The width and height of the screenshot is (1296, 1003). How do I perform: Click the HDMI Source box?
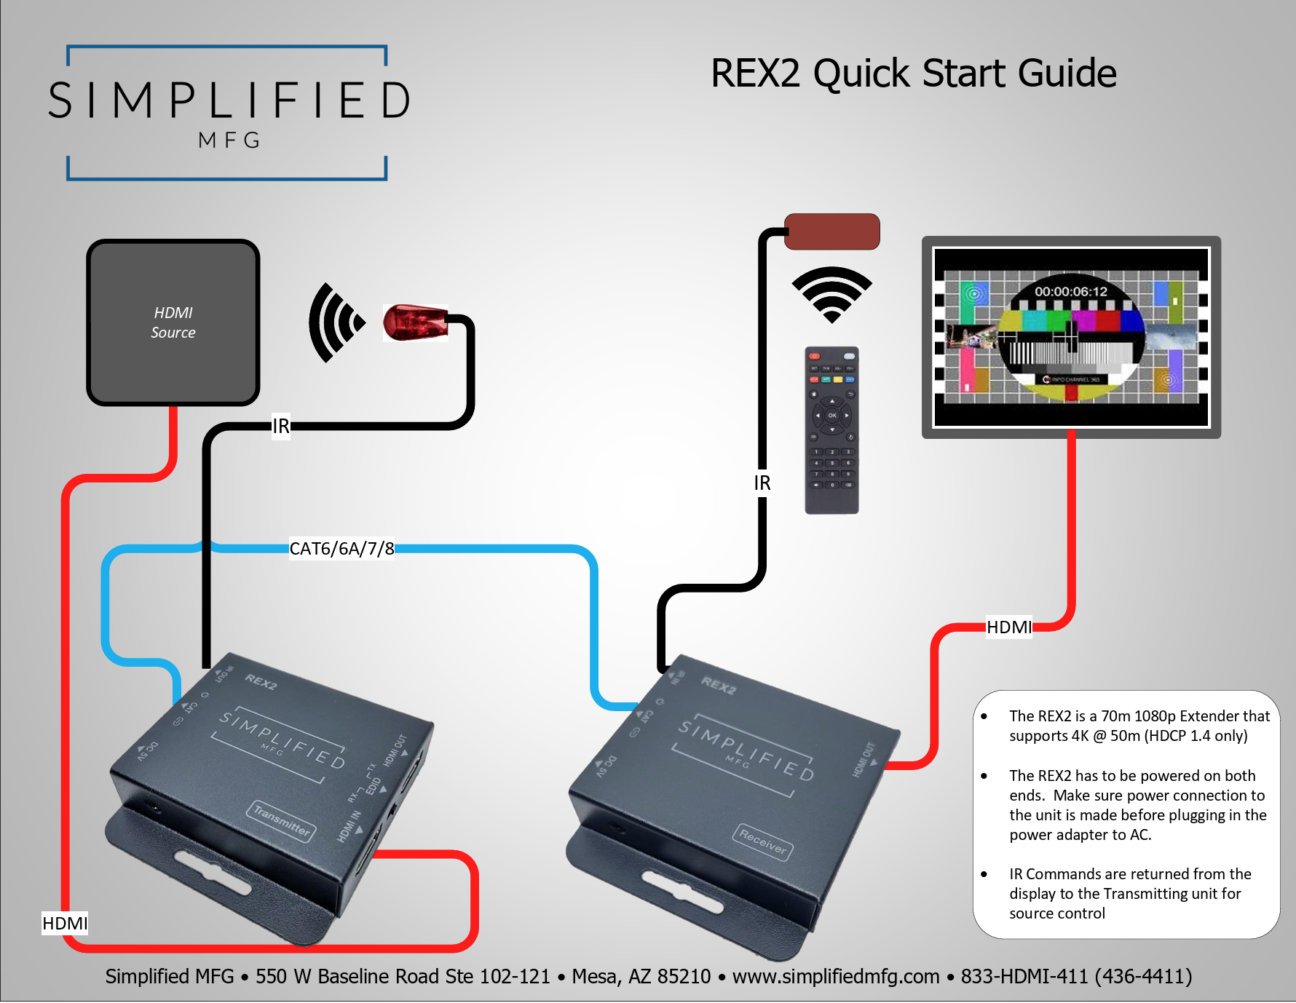(x=173, y=322)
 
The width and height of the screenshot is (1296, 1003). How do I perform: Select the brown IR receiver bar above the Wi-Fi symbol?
(x=831, y=231)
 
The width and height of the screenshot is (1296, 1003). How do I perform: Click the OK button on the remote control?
(x=831, y=416)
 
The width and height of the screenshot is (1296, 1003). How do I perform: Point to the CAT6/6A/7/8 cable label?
(x=341, y=548)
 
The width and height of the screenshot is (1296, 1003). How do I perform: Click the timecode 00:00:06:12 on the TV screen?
(x=1070, y=292)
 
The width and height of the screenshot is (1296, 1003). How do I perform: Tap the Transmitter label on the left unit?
(x=282, y=821)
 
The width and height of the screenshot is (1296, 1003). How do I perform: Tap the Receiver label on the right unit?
(x=762, y=842)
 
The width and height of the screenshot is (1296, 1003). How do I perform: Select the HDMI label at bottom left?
(x=65, y=924)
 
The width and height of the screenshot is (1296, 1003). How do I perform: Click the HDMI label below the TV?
(x=1008, y=627)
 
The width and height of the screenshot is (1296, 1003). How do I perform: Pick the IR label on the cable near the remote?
(x=762, y=483)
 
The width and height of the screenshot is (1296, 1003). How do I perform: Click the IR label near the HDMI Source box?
(x=281, y=426)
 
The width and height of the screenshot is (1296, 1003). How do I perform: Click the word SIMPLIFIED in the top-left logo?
(x=229, y=100)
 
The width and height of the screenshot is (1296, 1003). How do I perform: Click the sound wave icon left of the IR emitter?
(x=335, y=322)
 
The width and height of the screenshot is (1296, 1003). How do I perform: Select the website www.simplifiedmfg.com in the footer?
(x=835, y=976)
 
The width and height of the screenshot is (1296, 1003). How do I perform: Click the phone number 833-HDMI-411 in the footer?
(x=1024, y=976)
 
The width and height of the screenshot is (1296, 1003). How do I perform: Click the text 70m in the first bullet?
(x=1115, y=716)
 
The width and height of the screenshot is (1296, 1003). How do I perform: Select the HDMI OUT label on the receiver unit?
(x=865, y=760)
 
